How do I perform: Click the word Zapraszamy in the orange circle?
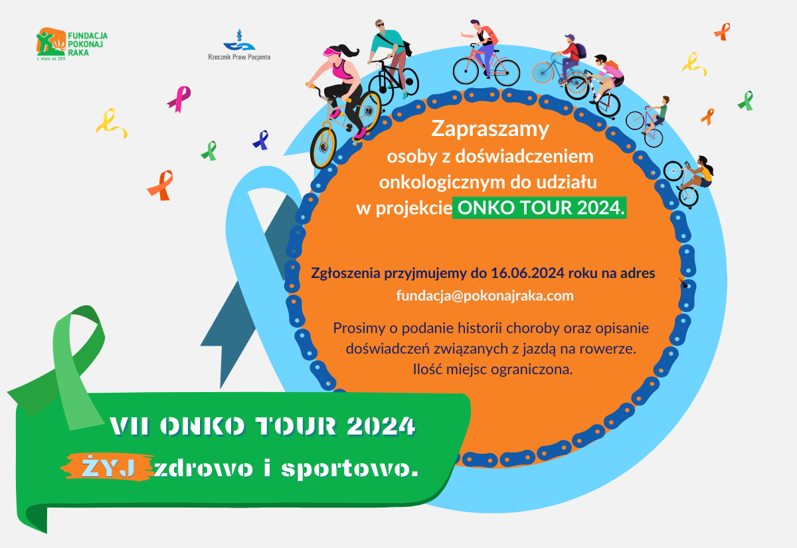(490, 129)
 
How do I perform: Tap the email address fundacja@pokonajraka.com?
(485, 296)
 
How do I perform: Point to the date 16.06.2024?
(527, 273)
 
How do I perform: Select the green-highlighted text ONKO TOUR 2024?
(539, 208)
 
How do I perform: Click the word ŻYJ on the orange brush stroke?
(108, 468)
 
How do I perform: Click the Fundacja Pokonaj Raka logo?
(72, 44)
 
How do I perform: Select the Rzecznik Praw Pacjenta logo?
(239, 45)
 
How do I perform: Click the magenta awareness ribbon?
(180, 98)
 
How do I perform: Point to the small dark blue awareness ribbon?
(261, 140)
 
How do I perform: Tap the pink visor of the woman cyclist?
(331, 52)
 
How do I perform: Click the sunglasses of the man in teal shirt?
(381, 25)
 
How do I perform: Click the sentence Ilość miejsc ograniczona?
(493, 370)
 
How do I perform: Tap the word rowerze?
(608, 349)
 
